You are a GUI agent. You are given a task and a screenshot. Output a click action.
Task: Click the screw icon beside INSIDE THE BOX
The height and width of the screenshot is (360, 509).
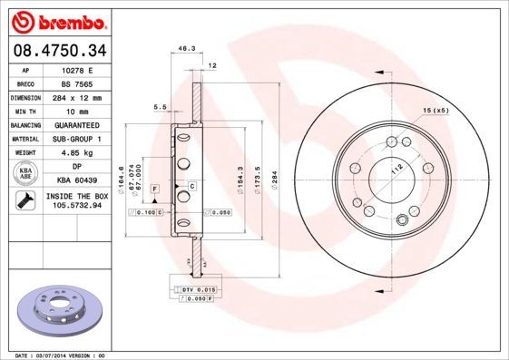pyautogui.click(x=24, y=201)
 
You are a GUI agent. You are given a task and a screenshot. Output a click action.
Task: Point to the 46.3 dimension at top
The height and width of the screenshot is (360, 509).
pyautogui.click(x=186, y=48)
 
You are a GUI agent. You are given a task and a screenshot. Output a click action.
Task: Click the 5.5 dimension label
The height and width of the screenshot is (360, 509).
pyautogui.click(x=159, y=107)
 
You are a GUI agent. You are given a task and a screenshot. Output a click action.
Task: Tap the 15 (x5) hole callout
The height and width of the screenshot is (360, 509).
pyautogui.click(x=435, y=111)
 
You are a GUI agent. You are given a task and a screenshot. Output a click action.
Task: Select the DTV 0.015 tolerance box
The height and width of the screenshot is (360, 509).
pyautogui.click(x=189, y=288)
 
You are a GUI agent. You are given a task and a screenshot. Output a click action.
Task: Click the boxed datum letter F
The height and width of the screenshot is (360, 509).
pyautogui.click(x=155, y=188)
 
